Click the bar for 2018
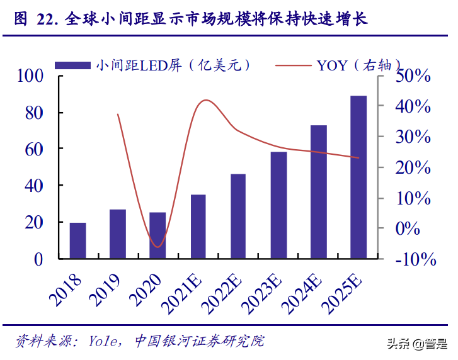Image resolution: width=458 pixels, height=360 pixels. click(78, 240)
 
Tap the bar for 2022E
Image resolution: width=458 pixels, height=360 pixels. click(238, 216)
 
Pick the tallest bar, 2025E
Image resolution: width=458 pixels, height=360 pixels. click(358, 177)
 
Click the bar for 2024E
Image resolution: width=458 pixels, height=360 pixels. click(319, 192)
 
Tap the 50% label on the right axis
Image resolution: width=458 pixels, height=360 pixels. click(413, 76)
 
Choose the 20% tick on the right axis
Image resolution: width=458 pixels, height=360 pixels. click(413, 168)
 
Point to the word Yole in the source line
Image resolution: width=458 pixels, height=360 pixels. click(106, 342)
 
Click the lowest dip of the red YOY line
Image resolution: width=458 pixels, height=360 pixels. click(157, 247)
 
